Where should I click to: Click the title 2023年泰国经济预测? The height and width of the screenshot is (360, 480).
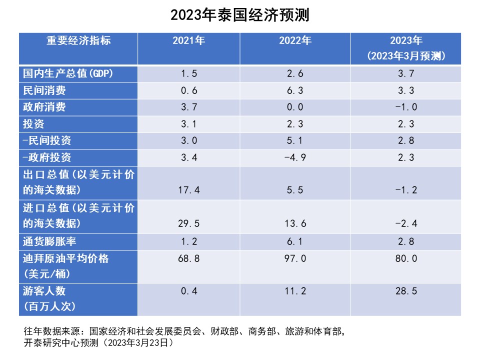[240, 15]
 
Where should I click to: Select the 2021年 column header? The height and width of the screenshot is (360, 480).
[188, 41]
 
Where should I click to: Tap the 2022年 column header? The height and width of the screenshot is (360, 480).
[295, 41]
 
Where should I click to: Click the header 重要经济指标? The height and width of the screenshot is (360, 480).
[78, 41]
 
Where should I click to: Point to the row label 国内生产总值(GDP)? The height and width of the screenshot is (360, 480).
[68, 73]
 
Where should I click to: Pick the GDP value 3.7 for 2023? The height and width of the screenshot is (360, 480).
[405, 73]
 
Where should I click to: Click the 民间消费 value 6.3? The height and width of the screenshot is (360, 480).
[295, 90]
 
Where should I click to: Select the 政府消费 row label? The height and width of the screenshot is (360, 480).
[44, 107]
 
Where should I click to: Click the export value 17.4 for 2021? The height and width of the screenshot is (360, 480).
[188, 190]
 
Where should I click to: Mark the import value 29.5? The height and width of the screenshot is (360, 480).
[188, 224]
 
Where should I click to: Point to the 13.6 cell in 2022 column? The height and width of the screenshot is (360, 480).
[295, 224]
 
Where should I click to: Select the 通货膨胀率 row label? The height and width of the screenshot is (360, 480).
[49, 241]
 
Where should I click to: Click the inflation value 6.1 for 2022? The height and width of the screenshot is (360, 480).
[295, 241]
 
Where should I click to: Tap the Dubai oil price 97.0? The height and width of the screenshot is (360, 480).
[295, 258]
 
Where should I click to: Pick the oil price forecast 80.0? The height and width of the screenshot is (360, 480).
[405, 258]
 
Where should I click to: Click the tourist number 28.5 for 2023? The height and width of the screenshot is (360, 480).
[405, 291]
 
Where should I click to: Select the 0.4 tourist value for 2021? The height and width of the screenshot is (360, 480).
[188, 291]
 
